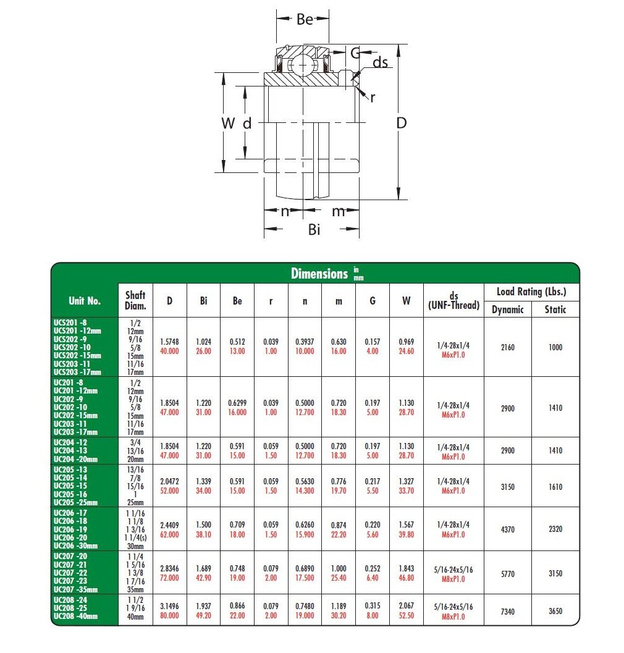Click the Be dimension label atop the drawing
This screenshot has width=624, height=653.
pyautogui.click(x=305, y=19)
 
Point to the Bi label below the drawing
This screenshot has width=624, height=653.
pyautogui.click(x=314, y=230)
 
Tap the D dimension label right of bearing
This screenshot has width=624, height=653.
pyautogui.click(x=402, y=123)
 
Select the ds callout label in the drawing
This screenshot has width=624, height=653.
pyautogui.click(x=381, y=62)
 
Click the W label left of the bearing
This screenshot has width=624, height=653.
pyautogui.click(x=228, y=123)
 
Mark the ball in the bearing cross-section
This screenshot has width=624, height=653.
pyautogui.click(x=303, y=64)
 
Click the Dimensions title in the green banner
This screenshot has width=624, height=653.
pyautogui.click(x=319, y=274)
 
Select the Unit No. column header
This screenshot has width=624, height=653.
pyautogui.click(x=85, y=301)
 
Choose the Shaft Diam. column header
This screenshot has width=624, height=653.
pyautogui.click(x=135, y=301)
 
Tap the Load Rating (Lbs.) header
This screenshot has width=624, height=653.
pyautogui.click(x=531, y=292)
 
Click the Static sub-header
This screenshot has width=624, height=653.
pyautogui.click(x=555, y=310)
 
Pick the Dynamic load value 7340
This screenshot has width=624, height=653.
pyautogui.click(x=507, y=610)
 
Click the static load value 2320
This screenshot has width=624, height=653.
pyautogui.click(x=555, y=529)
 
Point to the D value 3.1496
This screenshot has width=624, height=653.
pyautogui.click(x=169, y=605)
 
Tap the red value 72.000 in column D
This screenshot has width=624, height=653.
pyautogui.click(x=169, y=579)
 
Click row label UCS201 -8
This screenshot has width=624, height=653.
pyautogui.click(x=70, y=322)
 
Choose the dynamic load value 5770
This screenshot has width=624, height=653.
pyautogui.click(x=507, y=574)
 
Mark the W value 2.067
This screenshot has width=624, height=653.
pyautogui.click(x=406, y=605)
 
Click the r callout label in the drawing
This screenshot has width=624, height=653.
pyautogui.click(x=373, y=97)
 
